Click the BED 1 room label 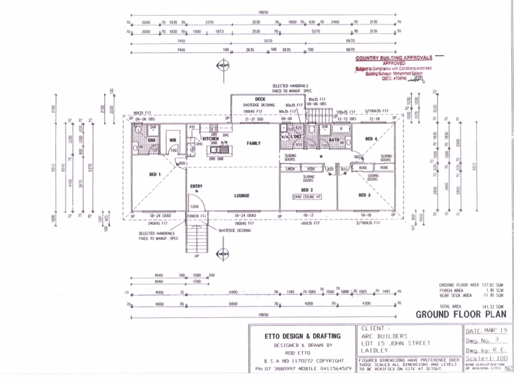[155, 174]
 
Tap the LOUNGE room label [242, 196]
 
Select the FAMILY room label [253, 143]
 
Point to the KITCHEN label [211, 139]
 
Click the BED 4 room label [371, 139]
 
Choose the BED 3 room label [364, 195]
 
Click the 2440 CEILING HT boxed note [307, 197]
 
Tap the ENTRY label [196, 186]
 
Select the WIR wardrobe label [173, 140]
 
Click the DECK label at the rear [260, 99]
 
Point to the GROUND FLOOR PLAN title [461, 314]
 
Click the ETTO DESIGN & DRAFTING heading [302, 336]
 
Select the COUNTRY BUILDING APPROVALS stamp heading [394, 58]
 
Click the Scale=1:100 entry [486, 358]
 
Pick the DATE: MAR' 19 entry [486, 330]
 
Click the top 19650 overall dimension [263, 12]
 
